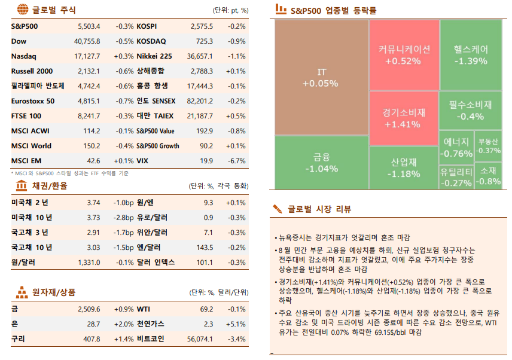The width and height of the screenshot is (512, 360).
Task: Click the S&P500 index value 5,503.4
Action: click(x=89, y=26)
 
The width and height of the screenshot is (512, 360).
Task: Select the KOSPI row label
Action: click(x=147, y=26)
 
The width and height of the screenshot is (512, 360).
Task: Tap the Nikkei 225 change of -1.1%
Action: click(x=236, y=56)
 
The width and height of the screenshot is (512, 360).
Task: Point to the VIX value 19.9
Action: click(x=206, y=160)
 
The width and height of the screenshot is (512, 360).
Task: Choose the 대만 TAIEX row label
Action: click(x=154, y=115)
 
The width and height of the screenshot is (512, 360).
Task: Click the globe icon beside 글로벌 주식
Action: click(x=22, y=10)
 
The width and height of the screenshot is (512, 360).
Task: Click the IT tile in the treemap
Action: click(x=321, y=78)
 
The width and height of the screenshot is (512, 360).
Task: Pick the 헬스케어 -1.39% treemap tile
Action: click(x=470, y=54)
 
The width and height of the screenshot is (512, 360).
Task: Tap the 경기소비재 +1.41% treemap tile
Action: click(x=403, y=118)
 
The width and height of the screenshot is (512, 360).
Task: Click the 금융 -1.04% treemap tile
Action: click(x=321, y=162)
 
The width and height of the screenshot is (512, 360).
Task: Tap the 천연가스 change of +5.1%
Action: click(x=236, y=324)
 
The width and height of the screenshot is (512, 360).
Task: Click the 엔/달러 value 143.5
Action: click(x=205, y=247)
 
